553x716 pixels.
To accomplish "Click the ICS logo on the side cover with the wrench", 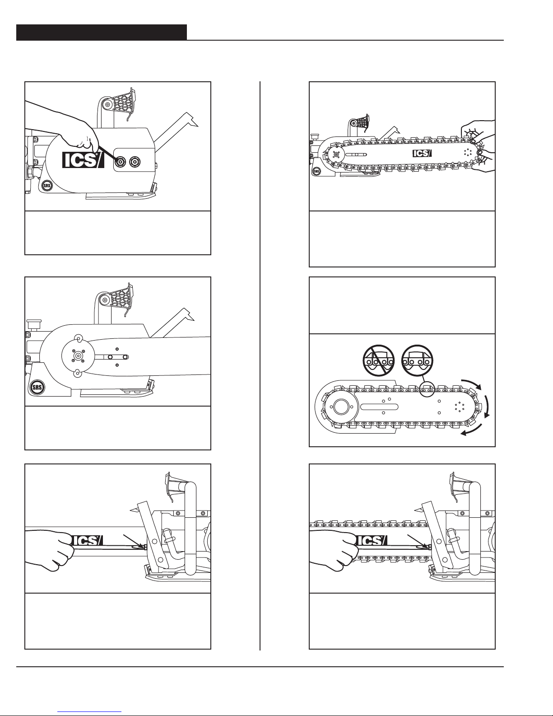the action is tap(83, 160).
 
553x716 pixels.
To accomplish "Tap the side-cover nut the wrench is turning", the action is tap(120, 161).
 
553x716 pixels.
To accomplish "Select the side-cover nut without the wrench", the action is tap(135, 161).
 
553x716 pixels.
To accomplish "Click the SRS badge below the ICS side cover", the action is tap(47, 185).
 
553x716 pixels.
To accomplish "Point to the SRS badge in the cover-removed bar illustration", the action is tap(37, 387).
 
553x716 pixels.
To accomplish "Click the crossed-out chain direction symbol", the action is tap(379, 360).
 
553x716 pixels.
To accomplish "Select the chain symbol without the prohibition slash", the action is tap(418, 360).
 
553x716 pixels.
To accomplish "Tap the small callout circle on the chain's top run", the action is tap(427, 389).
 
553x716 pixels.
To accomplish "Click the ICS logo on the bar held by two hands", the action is tap(422, 153).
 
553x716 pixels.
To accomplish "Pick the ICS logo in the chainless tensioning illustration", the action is tap(87, 540).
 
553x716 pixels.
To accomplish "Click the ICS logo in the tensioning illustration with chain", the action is tap(371, 540).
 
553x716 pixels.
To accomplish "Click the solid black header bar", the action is tap(102, 32).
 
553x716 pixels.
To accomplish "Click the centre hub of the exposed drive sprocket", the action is tap(78, 356).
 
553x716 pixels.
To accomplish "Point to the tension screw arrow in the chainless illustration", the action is tap(133, 541).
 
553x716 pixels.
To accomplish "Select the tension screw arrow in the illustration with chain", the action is tap(418, 541).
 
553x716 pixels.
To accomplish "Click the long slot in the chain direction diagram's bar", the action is tap(379, 407).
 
